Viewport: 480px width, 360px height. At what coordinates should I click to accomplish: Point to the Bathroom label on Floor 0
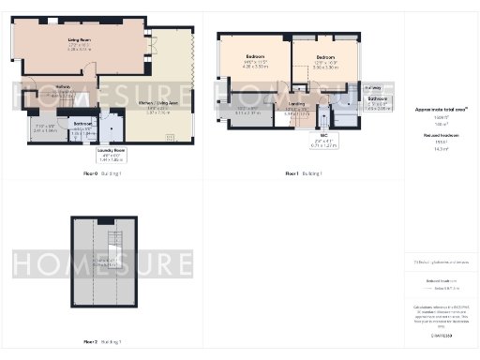coord(82,124)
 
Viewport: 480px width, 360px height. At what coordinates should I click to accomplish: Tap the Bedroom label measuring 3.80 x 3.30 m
coord(325,58)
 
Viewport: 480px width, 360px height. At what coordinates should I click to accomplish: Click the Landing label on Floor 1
coord(296,104)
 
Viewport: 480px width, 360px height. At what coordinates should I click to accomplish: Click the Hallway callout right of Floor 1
coord(373,85)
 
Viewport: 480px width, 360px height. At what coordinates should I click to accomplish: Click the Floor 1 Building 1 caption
coord(304,174)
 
